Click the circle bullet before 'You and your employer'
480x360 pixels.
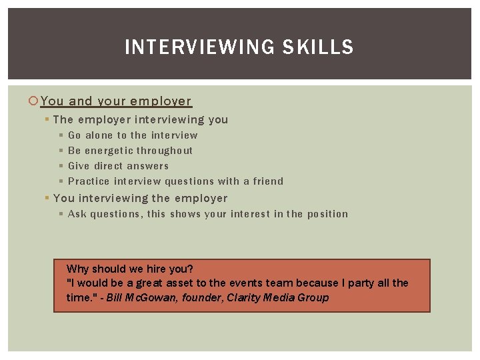[x=34, y=101]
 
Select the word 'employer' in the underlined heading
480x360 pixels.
[x=161, y=101]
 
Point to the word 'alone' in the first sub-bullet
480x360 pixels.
[x=99, y=135]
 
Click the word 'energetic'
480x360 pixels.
[x=109, y=151]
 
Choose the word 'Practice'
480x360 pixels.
[x=89, y=181]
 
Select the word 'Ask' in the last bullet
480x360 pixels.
[x=77, y=214]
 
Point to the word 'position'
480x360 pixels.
[x=327, y=214]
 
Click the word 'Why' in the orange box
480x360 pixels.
[x=78, y=269]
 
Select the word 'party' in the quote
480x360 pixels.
[x=361, y=283]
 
